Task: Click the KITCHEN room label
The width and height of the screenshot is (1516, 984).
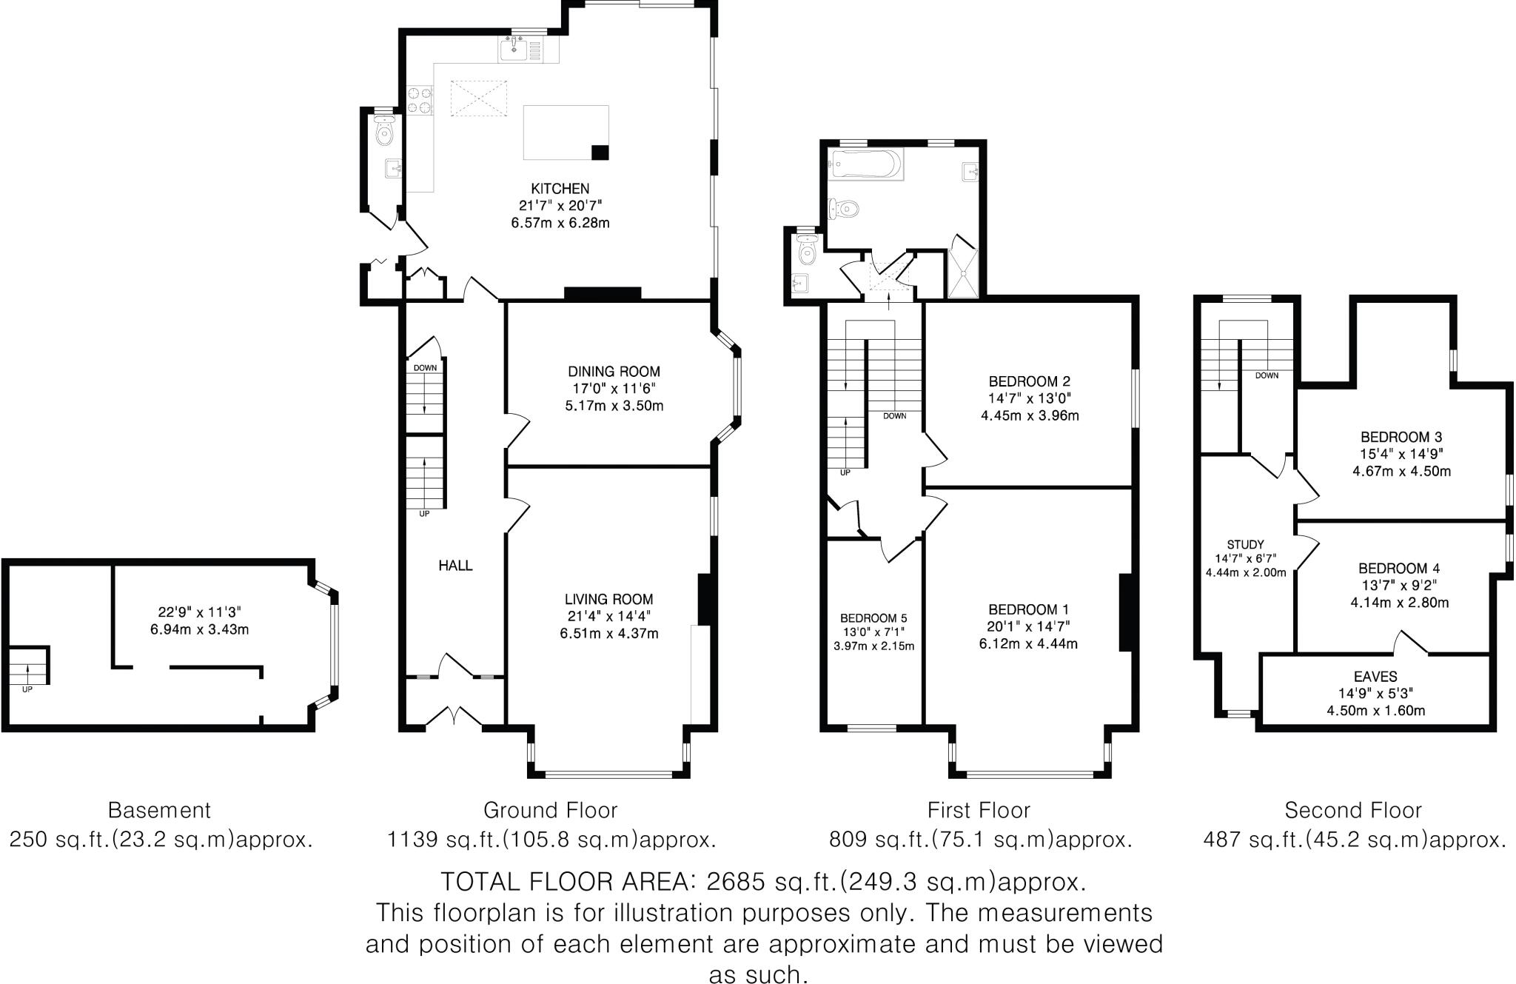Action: (560, 189)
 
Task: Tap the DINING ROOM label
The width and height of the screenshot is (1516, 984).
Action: (614, 372)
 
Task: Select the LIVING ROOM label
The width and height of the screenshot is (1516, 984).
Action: (609, 599)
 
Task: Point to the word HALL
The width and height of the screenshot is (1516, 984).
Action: (455, 566)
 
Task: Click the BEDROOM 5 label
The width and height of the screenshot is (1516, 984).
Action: (873, 618)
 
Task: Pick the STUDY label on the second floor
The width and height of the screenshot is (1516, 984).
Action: (1245, 544)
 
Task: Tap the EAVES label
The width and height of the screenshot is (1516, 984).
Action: (1375, 677)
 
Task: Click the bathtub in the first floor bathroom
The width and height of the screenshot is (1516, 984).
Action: (865, 164)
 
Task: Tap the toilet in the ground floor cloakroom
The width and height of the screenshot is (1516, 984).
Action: (383, 133)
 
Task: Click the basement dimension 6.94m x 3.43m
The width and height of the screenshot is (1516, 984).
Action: (199, 630)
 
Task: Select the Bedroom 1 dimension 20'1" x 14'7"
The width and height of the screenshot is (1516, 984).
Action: (1028, 626)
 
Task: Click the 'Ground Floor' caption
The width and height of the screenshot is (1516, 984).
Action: (550, 810)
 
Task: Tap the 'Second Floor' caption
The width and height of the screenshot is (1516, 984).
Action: (1353, 810)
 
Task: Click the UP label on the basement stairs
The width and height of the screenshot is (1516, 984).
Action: (27, 689)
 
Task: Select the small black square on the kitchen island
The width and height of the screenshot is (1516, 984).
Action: (600, 153)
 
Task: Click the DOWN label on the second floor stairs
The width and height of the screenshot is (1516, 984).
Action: (1267, 375)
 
